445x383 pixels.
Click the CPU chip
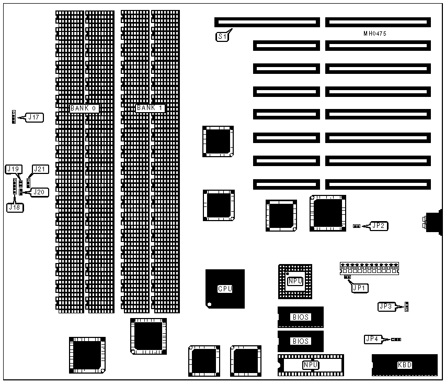(225, 289)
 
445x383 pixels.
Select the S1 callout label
(222, 37)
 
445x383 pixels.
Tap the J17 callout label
(35, 117)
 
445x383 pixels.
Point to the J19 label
(14, 169)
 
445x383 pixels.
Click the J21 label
(40, 169)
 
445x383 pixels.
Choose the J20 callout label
(39, 192)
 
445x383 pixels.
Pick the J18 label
(15, 207)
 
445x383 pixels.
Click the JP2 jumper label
(379, 226)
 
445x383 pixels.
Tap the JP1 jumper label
(360, 288)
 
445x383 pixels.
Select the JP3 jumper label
(386, 307)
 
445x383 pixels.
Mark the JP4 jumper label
(372, 339)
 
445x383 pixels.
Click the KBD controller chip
(405, 365)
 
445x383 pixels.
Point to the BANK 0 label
(84, 108)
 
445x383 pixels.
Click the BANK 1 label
(150, 108)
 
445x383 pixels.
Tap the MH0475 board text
(375, 34)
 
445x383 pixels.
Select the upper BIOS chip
(301, 317)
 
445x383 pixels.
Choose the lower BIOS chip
(301, 341)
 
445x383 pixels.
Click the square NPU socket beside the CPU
(295, 281)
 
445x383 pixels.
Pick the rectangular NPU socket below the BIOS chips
(311, 365)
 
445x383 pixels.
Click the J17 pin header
(14, 117)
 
